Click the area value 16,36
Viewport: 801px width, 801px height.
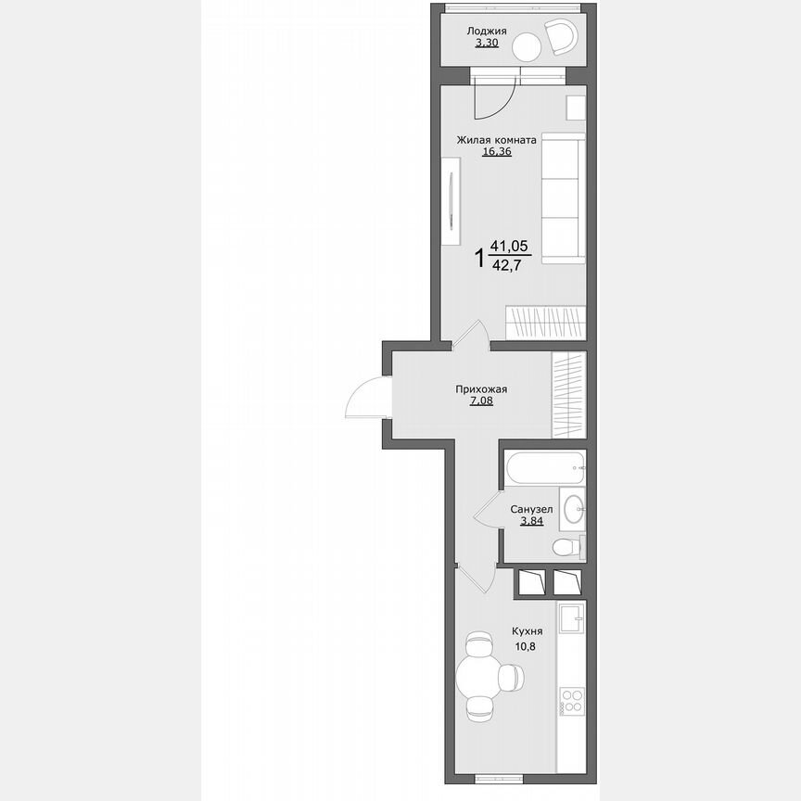pos(496,152)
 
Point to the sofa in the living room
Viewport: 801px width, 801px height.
pos(563,198)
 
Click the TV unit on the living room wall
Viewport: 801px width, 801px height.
pos(451,201)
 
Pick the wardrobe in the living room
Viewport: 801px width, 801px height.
pos(545,322)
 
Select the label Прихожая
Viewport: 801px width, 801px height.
pos(480,389)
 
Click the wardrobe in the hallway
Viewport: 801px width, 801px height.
pos(569,394)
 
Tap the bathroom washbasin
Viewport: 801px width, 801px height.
pos(574,506)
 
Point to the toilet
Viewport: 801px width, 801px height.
pos(565,547)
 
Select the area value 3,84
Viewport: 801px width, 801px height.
pos(531,521)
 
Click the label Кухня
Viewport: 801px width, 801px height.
pos(527,630)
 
